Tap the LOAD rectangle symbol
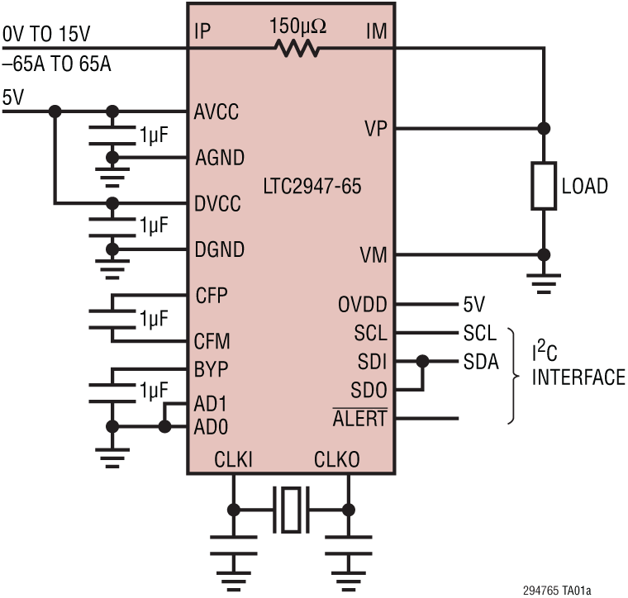544,186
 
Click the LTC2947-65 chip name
312,187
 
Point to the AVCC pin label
216,112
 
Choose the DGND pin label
219,249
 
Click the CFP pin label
212,295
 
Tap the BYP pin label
212,368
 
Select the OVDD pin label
362,305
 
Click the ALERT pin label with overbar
359,419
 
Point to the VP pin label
375,129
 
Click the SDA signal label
480,361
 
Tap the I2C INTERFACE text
578,366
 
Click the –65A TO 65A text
56,64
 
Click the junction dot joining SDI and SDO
423,361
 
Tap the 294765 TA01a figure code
557,590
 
